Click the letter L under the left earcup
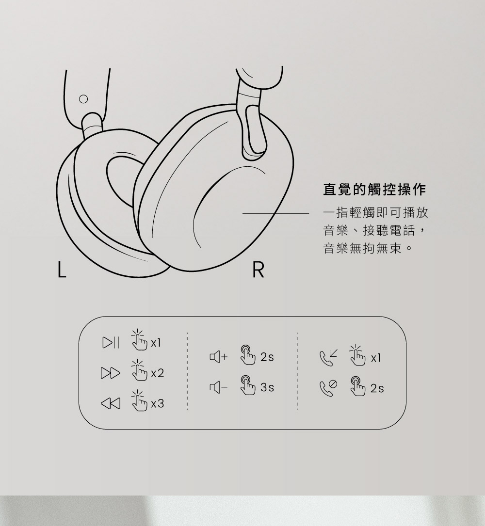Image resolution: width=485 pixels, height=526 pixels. [x=61, y=270]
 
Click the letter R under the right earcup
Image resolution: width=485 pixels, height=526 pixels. [x=259, y=271]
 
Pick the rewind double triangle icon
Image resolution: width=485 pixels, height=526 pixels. [x=110, y=403]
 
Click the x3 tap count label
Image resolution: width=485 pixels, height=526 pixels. [x=158, y=403]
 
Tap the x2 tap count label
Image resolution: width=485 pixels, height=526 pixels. [x=158, y=374]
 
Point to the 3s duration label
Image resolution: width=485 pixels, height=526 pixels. [x=267, y=388]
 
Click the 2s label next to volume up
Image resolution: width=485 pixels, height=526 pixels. [x=267, y=358]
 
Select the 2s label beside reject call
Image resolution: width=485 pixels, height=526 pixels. [x=377, y=388]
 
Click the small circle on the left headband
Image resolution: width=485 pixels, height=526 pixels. [x=83, y=99]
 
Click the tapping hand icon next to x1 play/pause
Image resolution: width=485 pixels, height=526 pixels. [x=138, y=340]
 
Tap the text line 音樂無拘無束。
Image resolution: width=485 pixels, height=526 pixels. [x=368, y=250]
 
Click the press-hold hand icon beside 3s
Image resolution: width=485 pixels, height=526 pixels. [x=246, y=386]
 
